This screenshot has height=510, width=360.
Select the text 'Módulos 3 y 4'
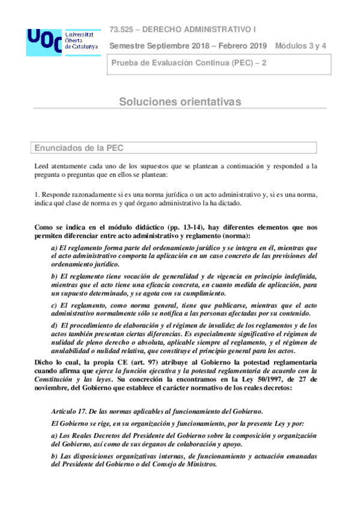[x=301, y=46]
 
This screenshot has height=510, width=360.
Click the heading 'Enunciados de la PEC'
[x=79, y=146]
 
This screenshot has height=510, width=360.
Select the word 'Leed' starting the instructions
[x=41, y=165]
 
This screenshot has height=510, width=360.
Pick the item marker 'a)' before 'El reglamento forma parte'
[x=55, y=247]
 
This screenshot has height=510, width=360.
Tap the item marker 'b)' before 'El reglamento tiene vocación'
[x=55, y=276]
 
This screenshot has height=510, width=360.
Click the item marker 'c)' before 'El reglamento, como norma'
[x=55, y=305]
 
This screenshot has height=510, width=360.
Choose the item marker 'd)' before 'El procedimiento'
[x=55, y=325]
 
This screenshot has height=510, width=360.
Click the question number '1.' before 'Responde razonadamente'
[x=37, y=194]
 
